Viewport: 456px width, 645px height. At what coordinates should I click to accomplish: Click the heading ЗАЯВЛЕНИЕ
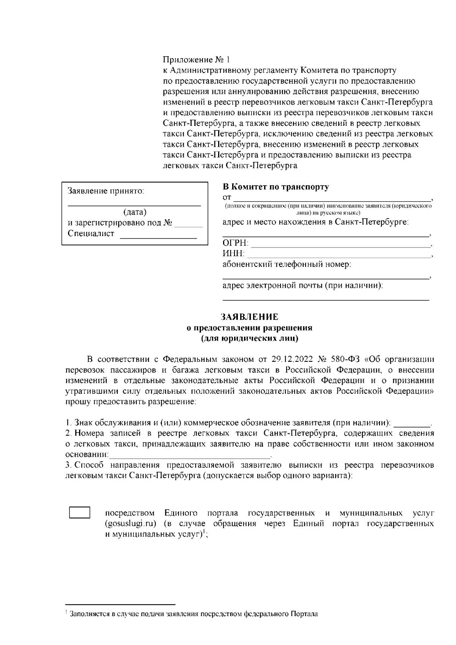pos(250,317)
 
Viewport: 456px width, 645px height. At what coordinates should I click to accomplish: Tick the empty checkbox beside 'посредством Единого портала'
pos(79,513)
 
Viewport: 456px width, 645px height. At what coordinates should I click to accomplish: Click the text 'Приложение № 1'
pos(196,60)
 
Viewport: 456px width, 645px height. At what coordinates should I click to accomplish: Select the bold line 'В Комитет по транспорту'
pos(275,187)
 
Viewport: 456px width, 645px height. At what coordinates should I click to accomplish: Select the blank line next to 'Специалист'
pos(158,237)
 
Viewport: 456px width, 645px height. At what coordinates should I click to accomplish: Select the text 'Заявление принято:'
pos(106,191)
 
